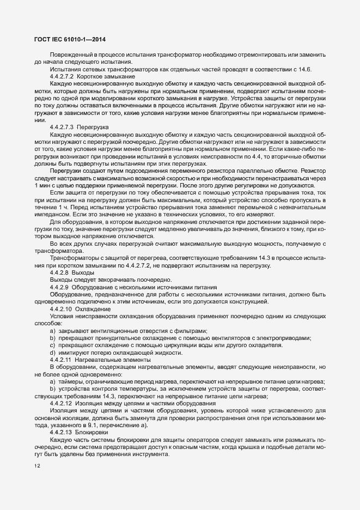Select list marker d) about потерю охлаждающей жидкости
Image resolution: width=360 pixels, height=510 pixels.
click(x=53, y=353)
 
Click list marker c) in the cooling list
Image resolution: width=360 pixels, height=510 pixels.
click(x=53, y=345)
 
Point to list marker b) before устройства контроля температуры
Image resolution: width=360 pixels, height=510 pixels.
click(x=53, y=389)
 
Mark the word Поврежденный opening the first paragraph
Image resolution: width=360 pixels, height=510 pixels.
click(x=71, y=55)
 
